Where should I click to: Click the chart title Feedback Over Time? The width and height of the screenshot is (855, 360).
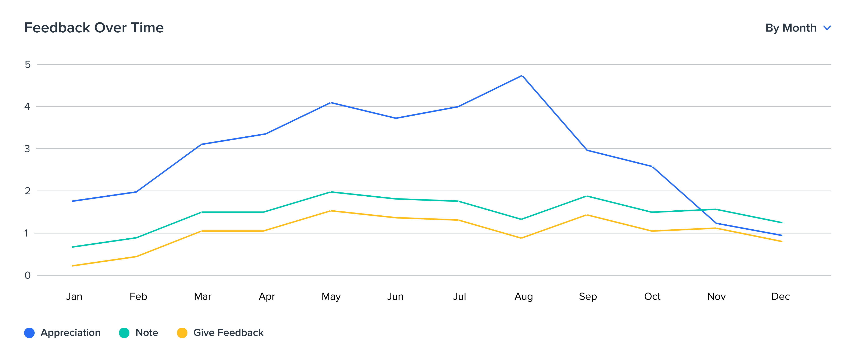point(94,28)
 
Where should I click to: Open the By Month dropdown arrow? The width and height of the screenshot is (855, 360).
point(827,28)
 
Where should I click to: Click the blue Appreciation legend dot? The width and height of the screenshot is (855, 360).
point(30,333)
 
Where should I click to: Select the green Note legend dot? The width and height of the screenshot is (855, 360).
point(124,333)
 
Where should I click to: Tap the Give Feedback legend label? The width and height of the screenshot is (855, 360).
point(228,333)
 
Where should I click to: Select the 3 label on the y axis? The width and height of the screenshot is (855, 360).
point(27,149)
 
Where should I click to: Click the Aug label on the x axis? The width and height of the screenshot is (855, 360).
point(524,296)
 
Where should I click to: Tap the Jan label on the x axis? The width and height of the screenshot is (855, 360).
point(74,296)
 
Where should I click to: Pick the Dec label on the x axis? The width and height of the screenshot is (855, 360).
point(780,296)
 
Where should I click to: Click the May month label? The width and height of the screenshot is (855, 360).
point(331,296)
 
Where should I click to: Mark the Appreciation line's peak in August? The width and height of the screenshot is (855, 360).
point(522,76)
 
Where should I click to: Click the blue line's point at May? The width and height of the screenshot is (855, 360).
point(331,103)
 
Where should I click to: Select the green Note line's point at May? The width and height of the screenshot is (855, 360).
point(331,192)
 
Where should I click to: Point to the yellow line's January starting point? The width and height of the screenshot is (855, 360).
point(73,266)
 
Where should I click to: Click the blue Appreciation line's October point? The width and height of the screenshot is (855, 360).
point(652,166)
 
